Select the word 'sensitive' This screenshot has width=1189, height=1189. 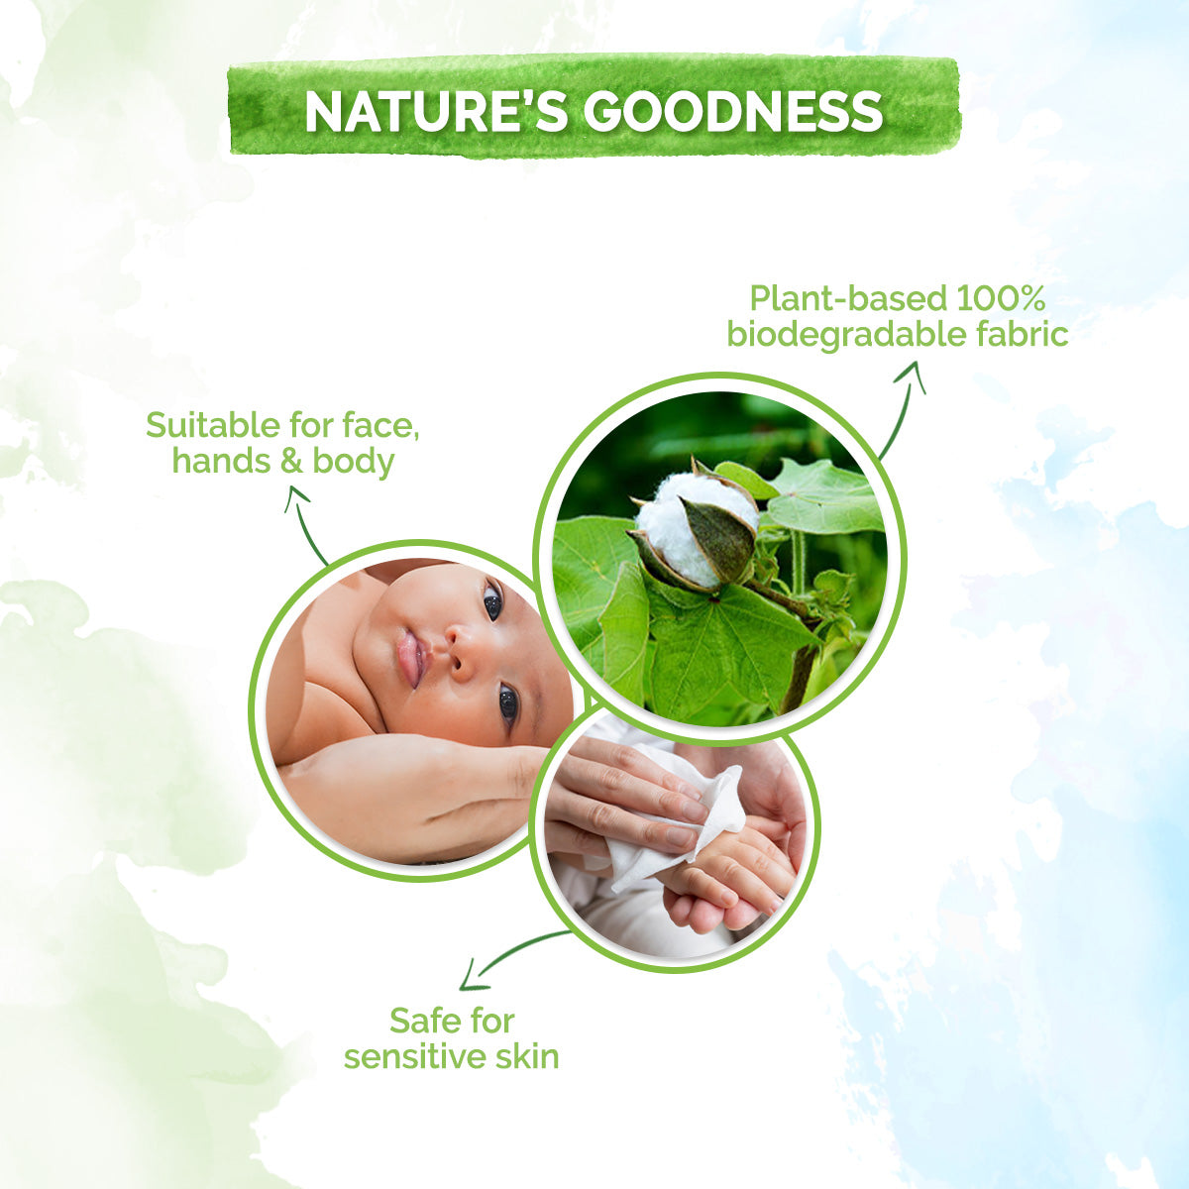tap(410, 1056)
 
